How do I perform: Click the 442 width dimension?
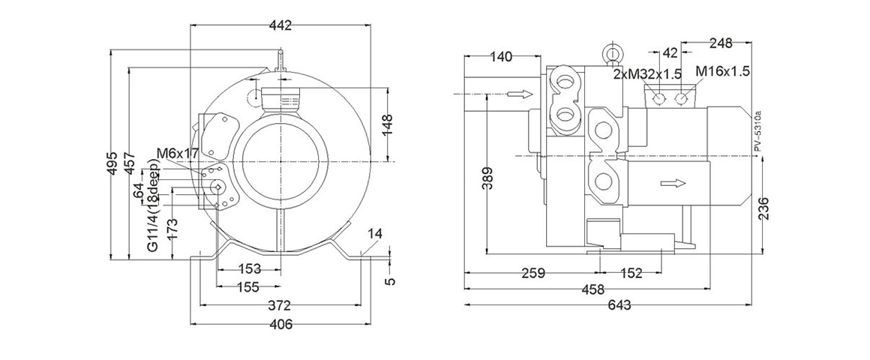[x=280, y=25]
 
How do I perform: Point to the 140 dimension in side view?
[x=501, y=56]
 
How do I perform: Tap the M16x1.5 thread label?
[x=722, y=71]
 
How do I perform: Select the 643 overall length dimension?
[x=619, y=305]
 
